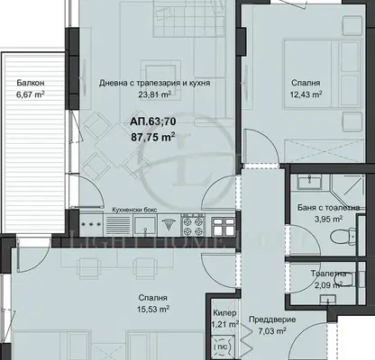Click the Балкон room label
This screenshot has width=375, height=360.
tap(31, 83)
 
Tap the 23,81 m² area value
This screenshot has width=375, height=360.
tap(155, 94)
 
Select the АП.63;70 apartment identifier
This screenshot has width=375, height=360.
tap(153, 121)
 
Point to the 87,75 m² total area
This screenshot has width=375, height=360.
tap(153, 137)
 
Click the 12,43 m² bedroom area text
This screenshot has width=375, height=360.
tap(306, 94)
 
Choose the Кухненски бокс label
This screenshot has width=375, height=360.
tap(134, 210)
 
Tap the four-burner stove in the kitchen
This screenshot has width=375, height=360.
tap(193, 226)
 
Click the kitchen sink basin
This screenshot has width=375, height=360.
tap(145, 226)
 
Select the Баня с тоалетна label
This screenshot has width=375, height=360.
tap(328, 208)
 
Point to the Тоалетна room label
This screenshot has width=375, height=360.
tap(328, 274)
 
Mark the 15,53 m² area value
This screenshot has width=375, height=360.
tap(153, 309)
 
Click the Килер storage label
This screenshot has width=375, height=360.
tap(224, 313)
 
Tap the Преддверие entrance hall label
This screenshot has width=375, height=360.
tap(272, 319)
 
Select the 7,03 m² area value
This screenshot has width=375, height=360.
tap(272, 331)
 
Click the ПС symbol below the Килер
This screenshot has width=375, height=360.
tap(223, 346)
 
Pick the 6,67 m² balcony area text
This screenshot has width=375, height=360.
tap(31, 94)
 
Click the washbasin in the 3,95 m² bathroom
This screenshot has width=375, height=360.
tap(309, 182)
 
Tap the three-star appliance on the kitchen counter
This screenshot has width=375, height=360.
tap(91, 224)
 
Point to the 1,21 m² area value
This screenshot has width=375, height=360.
tap(224, 324)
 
